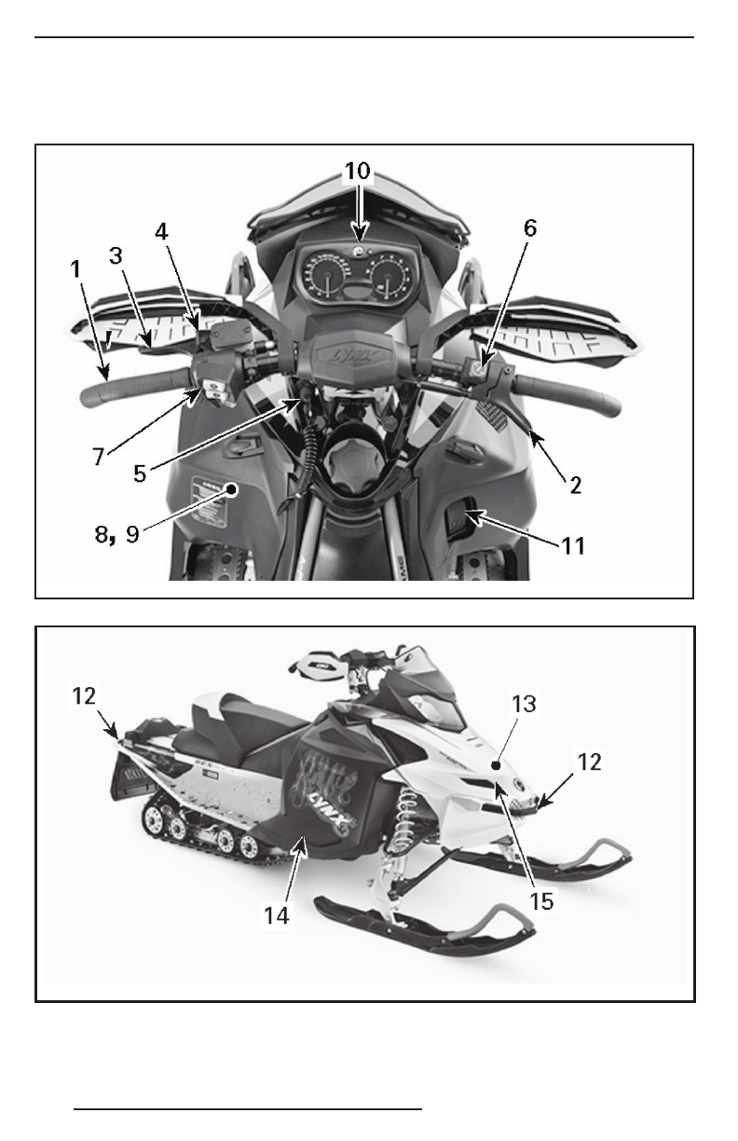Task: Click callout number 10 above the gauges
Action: [x=358, y=172]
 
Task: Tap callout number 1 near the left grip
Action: [x=76, y=268]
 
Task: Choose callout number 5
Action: [x=139, y=473]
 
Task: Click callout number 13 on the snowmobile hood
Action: [x=525, y=705]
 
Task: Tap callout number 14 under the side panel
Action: [x=277, y=915]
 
